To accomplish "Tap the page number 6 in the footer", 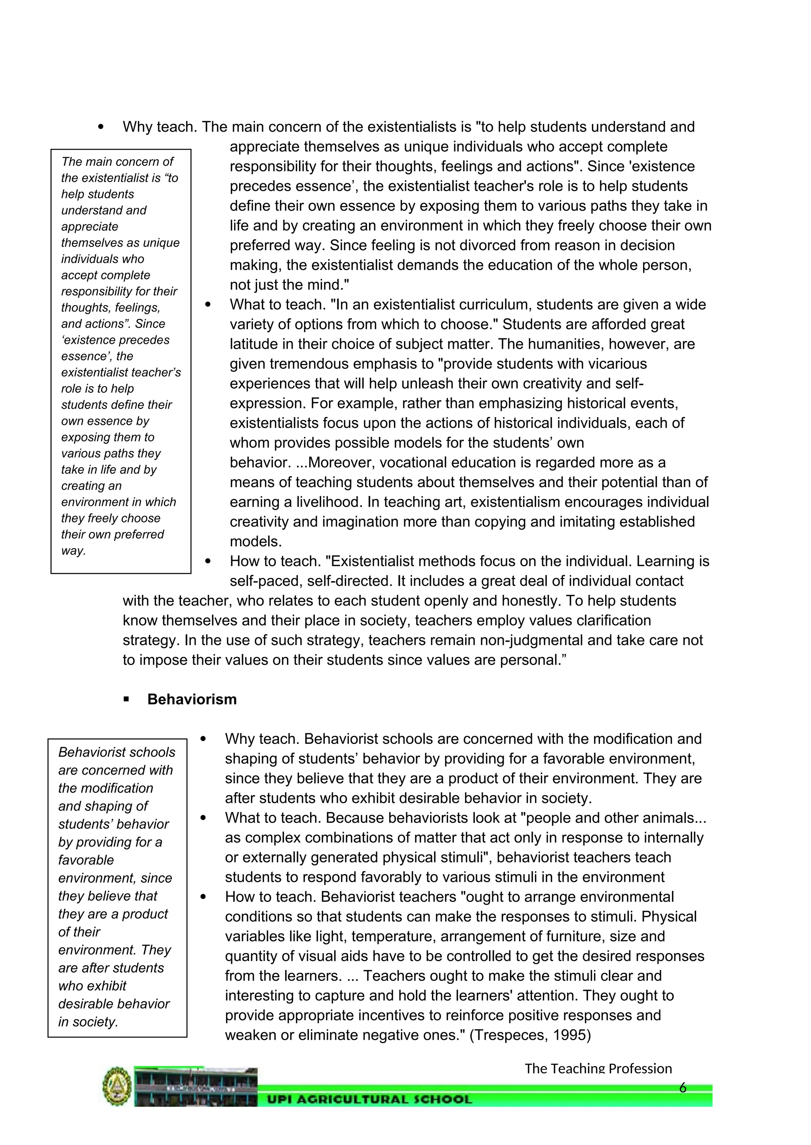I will [683, 1088].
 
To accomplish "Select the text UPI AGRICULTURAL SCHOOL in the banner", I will [369, 1099].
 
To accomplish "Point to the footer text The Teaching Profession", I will [598, 1068].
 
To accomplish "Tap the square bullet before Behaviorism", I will [126, 700].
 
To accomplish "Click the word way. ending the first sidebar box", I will [73, 551].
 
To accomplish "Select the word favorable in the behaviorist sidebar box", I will [86, 860].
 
